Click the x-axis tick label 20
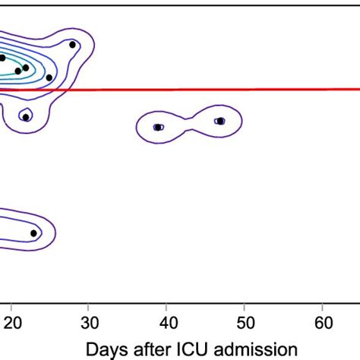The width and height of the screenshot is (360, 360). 12,321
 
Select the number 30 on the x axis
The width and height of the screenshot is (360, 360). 89,321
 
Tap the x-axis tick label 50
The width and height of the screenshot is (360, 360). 245,321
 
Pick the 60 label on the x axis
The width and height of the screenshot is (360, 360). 323,321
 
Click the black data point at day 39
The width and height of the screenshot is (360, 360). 158,127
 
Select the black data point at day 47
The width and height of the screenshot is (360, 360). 220,121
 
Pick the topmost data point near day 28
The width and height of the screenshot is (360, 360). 72,45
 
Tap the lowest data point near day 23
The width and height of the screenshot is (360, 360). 33,233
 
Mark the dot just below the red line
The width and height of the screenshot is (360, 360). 26,117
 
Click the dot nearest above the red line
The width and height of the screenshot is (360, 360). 49,77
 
